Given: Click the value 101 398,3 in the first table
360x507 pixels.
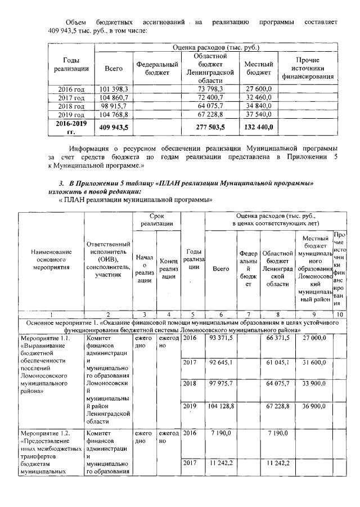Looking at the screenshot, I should (x=114, y=89).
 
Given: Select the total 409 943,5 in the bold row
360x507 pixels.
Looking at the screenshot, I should (x=114, y=127).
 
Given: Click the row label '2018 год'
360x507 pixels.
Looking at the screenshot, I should (x=71, y=105).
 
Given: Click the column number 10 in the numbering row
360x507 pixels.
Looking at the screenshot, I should (x=339, y=314).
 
